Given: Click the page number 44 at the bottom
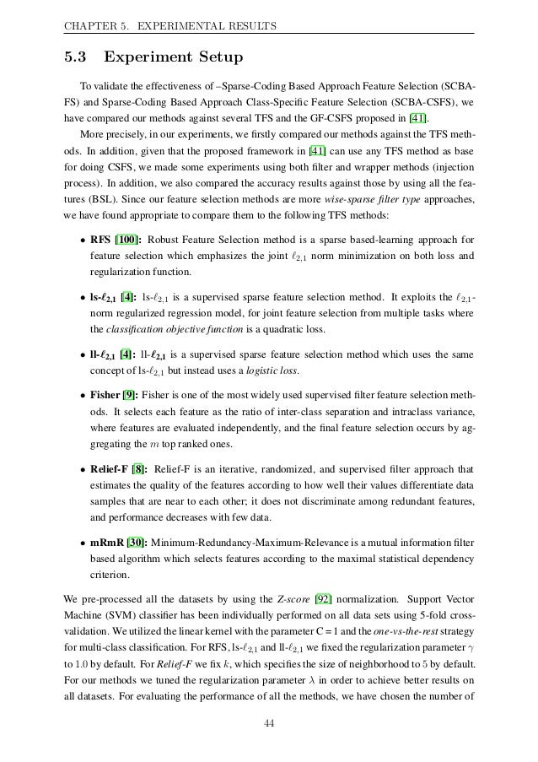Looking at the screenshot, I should click(269, 723).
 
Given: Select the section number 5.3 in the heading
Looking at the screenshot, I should click(79, 58).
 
